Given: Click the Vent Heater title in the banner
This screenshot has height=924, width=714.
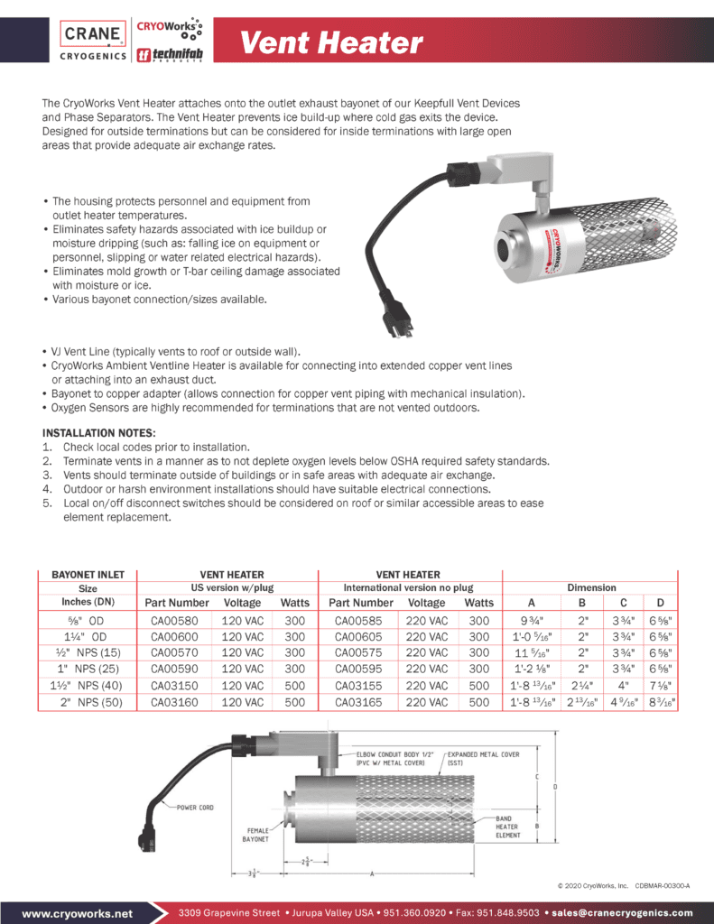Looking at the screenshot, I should coord(330,42).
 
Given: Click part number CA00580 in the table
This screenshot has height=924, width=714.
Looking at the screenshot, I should coord(174,620).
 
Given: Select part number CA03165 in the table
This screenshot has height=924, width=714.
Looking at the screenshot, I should coord(360,701).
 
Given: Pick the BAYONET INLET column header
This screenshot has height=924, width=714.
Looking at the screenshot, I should coord(88,574).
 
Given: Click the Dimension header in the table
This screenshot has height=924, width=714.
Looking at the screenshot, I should coord(591,587).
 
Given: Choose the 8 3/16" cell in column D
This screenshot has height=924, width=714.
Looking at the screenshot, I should coord(662,701).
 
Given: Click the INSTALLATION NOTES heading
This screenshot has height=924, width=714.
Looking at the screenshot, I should coord(98,433).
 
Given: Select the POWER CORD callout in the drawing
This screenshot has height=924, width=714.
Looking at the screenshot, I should coord(195,807).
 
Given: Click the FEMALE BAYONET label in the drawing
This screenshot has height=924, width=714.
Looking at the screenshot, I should coord(257,834).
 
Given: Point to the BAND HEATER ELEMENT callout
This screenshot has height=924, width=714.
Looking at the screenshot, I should coord(508,827).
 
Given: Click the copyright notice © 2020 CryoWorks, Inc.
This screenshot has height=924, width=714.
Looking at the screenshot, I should coord(592,886).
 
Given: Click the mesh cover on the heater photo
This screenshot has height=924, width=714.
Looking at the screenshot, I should coord(623,236).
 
